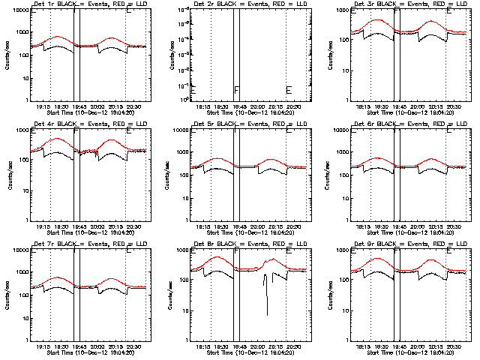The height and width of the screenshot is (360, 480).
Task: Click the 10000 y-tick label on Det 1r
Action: (x=17, y=10)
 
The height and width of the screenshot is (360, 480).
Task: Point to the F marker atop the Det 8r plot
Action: (x=237, y=250)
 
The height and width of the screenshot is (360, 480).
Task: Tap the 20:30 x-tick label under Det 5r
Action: (x=293, y=226)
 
